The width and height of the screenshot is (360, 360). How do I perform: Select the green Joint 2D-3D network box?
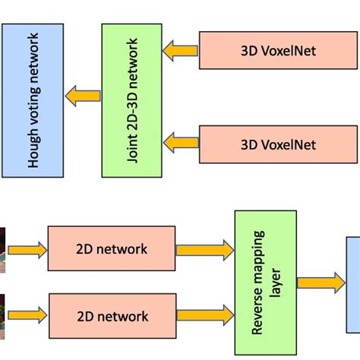[x=131, y=99]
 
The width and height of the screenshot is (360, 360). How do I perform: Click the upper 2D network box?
[x=112, y=248]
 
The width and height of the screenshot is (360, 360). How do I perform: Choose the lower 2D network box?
[x=112, y=314]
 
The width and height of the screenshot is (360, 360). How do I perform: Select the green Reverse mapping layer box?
[x=265, y=283]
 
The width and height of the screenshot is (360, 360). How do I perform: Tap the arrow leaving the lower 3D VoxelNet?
[x=180, y=142]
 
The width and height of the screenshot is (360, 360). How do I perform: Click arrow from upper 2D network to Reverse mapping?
[x=205, y=248]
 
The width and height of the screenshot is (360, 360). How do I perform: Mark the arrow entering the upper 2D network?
[x=27, y=248]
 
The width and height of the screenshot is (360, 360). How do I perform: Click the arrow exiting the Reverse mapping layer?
[x=321, y=283]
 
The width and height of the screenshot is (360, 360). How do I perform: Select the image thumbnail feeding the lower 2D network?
[x=3, y=312]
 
